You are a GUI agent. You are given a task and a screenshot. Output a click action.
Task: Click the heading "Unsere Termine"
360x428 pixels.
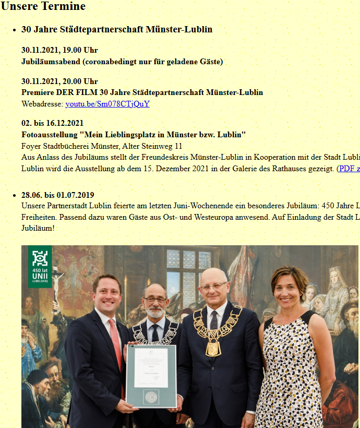coord(43,7)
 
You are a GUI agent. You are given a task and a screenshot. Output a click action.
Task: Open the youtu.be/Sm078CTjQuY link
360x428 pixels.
coord(107,104)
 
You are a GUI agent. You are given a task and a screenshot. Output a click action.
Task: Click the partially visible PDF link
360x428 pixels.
coord(349,169)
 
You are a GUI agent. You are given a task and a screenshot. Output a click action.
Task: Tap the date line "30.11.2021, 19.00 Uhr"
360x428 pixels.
coord(59,50)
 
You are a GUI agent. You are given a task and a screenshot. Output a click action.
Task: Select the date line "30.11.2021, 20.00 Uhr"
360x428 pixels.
coord(59,81)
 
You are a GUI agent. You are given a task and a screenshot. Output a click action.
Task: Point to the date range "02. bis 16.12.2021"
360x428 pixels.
coord(52,123)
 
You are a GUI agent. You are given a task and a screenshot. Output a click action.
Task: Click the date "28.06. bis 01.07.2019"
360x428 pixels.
coord(57,195)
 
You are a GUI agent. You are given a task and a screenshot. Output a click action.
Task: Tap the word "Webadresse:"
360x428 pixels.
coord(42,104)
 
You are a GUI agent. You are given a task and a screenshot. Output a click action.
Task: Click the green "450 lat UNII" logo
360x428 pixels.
coord(40,266)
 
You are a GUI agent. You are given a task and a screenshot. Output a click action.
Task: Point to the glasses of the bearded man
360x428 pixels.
coord(155,299)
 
